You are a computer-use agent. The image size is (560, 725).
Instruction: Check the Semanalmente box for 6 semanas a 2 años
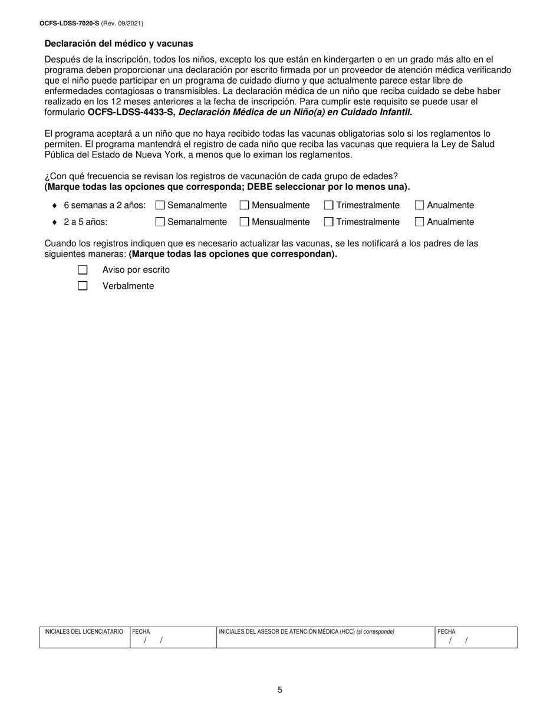[x=160, y=205]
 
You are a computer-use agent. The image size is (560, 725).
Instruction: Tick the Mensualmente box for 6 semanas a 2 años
[x=244, y=205]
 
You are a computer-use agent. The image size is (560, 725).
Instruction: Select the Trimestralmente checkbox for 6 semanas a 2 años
[x=328, y=205]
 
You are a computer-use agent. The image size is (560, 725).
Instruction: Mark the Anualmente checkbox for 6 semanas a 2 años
[x=419, y=205]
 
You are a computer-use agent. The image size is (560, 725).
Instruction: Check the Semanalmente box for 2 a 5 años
[x=160, y=222]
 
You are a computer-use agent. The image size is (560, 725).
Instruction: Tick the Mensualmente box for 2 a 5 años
[x=244, y=222]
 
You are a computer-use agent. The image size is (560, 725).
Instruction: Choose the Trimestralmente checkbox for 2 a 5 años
[x=328, y=222]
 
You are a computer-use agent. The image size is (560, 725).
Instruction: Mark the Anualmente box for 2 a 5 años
[x=419, y=222]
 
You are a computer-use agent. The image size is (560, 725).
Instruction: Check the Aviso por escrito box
[x=83, y=270]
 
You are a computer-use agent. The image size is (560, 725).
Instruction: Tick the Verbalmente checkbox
[x=83, y=286]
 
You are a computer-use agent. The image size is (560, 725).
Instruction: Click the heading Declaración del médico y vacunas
[x=118, y=44]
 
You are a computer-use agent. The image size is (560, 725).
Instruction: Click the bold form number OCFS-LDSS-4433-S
[x=131, y=112]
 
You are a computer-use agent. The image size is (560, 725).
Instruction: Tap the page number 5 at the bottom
[x=280, y=690]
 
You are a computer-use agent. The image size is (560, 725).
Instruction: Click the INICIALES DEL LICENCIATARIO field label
[x=84, y=632]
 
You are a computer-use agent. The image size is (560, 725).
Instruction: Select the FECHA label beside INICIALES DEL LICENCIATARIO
[x=141, y=632]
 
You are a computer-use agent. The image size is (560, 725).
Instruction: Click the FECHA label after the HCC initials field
[x=446, y=632]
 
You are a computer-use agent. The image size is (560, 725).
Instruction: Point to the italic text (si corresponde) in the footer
[x=375, y=632]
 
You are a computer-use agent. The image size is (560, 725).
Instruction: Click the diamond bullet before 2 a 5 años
[x=54, y=222]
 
